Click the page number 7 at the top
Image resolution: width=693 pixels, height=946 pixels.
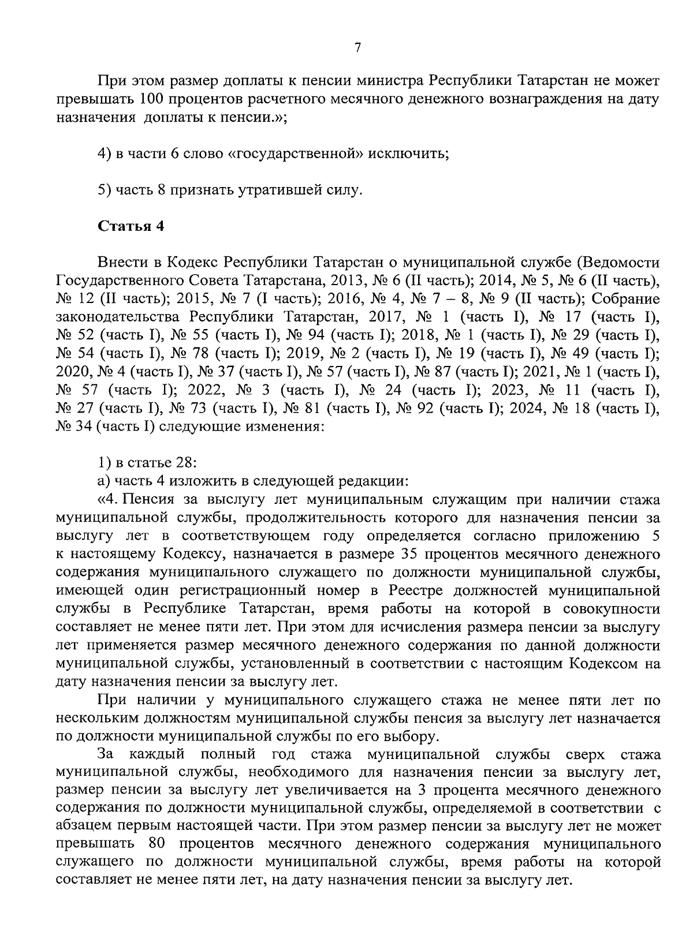coord(357,48)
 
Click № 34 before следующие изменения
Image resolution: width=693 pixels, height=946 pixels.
coord(74,428)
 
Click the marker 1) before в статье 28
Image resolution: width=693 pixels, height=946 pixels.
coord(104,463)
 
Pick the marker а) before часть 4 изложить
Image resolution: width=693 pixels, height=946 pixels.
coord(104,481)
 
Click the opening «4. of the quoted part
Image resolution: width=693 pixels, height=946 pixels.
coord(109,499)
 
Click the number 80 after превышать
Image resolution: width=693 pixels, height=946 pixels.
coord(158,844)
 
